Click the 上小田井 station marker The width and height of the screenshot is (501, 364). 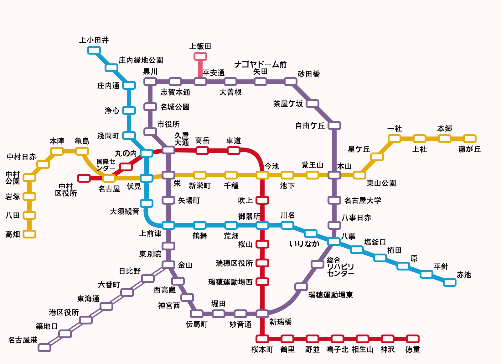point(94,50)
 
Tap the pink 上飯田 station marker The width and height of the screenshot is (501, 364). point(200,56)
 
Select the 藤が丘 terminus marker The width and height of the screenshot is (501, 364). point(469,139)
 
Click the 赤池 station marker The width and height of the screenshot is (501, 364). point(450,282)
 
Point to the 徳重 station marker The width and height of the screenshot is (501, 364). point(412,339)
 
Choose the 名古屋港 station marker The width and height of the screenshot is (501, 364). point(44,347)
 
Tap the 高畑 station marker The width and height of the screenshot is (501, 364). point(29,234)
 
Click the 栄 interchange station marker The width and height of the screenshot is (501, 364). point(168,175)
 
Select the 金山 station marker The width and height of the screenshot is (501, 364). point(168,265)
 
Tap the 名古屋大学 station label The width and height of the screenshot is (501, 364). point(363,201)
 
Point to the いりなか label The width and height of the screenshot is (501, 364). point(304,244)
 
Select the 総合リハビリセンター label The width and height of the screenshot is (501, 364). point(340,267)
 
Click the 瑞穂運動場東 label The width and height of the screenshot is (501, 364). point(331,295)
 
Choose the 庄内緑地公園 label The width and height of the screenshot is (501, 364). point(141,60)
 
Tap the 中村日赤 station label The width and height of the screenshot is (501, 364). point(21,157)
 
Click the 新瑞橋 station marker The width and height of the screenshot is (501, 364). point(262,313)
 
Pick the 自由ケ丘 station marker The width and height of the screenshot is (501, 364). point(334,126)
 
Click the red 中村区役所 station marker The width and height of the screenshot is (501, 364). point(84,178)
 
